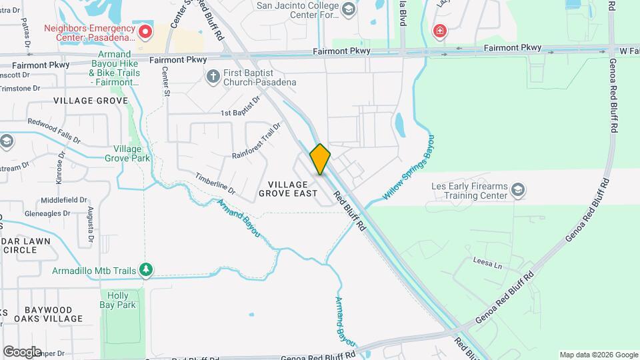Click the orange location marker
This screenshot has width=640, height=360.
point(320,159)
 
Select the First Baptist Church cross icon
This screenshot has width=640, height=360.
point(213,77)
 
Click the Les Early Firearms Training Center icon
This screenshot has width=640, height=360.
point(518,191)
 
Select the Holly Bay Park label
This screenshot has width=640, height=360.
point(122,300)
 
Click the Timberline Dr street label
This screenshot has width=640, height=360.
point(215,183)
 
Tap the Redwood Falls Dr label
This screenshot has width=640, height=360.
point(53,131)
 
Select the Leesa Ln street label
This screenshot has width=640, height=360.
point(487,262)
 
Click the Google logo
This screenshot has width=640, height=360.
point(22,351)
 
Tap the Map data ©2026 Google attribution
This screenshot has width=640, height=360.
point(598,355)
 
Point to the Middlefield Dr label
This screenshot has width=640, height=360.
point(64,200)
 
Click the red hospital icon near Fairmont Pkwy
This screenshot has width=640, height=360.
point(439,31)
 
